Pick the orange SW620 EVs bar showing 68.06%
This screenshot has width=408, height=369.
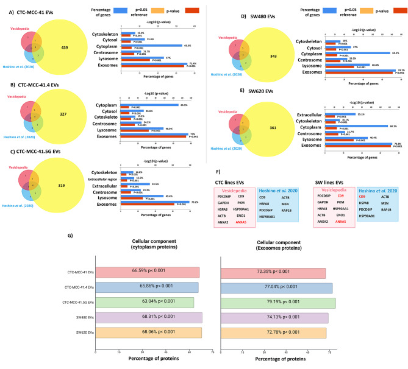point(148,333)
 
